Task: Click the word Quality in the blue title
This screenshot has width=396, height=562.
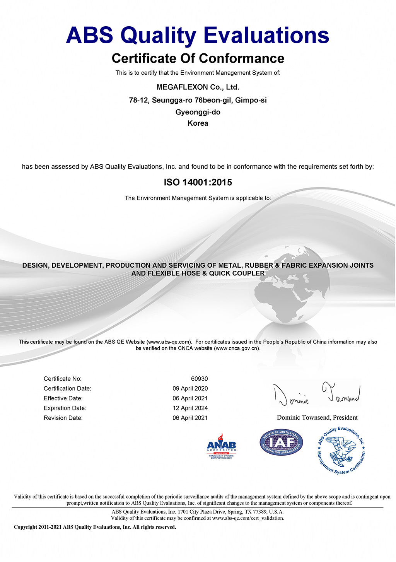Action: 160,36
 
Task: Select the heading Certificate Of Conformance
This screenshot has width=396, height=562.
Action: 198,58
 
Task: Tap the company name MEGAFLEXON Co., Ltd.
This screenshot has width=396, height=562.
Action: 198,87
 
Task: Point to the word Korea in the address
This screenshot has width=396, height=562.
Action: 198,123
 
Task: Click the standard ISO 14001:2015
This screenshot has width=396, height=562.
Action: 198,182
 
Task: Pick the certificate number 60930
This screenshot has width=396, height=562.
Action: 199,379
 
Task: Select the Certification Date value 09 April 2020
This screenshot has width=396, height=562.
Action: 190,388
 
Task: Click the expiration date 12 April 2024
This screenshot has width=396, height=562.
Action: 190,408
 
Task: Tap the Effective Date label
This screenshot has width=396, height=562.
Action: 63,398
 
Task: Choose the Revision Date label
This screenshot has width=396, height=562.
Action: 63,418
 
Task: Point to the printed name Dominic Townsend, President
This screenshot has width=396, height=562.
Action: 317,417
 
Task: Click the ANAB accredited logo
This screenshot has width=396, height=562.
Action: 221,446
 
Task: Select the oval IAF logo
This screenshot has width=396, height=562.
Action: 281,442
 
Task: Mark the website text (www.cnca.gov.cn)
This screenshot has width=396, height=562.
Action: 237,348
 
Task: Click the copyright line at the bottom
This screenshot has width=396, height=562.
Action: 95,527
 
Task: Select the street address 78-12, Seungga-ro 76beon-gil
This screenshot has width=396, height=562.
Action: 180,100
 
